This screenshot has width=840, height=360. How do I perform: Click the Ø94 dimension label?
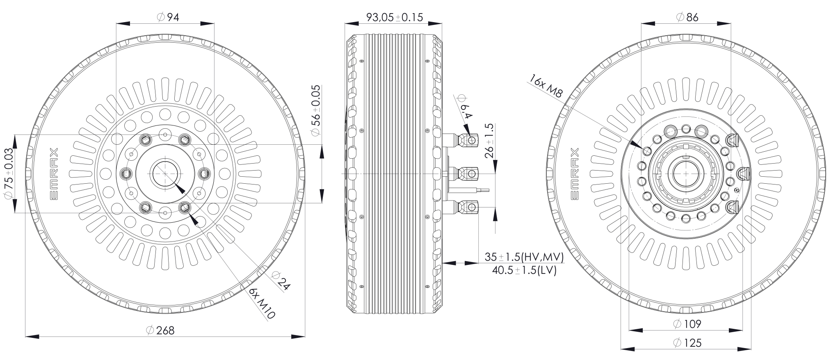click(168, 17)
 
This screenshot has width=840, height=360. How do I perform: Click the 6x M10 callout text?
click(262, 304)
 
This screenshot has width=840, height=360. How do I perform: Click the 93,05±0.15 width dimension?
click(394, 17)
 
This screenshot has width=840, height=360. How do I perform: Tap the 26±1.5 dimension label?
click(489, 141)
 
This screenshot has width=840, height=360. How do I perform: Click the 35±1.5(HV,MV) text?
click(524, 257)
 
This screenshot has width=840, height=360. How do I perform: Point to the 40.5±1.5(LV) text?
click(524, 271)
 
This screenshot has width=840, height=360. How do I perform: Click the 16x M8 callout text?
click(546, 86)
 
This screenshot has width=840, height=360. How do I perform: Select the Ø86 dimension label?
click(687, 17)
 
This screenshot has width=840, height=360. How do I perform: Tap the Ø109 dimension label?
click(687, 324)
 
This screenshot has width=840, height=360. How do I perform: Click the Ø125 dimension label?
click(687, 342)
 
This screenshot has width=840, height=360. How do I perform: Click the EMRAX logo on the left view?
click(54, 174)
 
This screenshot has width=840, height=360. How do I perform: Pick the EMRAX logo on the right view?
click(575, 174)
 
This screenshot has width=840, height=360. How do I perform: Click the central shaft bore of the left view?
click(165, 174)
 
